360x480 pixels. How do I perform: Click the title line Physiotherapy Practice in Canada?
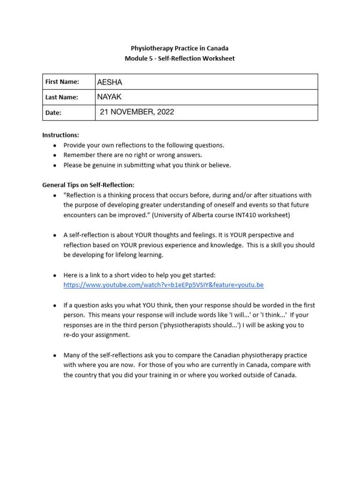click(x=180, y=48)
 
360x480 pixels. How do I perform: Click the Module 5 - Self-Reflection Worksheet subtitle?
click(x=180, y=59)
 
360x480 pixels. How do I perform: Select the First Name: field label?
click(x=62, y=82)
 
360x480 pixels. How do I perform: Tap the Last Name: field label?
click(x=61, y=97)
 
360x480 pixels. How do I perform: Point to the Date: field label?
click(x=53, y=112)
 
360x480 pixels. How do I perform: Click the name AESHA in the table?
click(x=109, y=82)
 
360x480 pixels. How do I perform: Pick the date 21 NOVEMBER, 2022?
click(x=137, y=112)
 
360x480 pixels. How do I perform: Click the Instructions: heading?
click(x=60, y=135)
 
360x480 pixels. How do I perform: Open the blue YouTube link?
click(x=164, y=285)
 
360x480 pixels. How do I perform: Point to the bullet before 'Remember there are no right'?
click(x=55, y=155)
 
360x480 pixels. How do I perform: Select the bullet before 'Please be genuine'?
click(x=55, y=165)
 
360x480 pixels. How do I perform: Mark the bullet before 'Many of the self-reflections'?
click(x=55, y=355)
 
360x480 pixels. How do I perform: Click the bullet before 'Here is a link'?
click(x=55, y=275)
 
